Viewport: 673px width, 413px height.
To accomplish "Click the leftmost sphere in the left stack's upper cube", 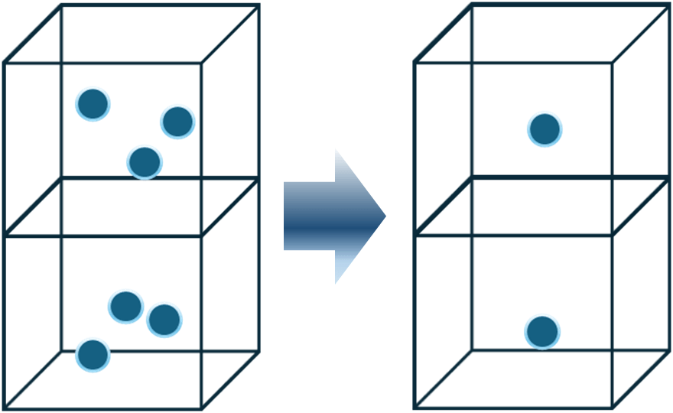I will tap(93, 104).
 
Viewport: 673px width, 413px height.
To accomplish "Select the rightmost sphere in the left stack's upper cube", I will tap(177, 122).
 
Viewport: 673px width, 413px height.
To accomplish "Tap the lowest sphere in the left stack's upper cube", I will tap(144, 162).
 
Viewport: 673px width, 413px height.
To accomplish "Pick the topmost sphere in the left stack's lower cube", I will tap(125, 307).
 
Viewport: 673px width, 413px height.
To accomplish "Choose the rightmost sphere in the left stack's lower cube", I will tap(164, 320).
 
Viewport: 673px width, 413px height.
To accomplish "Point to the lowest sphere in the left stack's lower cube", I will tap(93, 355).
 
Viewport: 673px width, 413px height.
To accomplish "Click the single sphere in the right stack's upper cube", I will tap(545, 130).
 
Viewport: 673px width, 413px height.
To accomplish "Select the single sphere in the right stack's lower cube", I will tap(541, 332).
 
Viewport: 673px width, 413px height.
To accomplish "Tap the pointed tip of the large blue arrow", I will tap(385, 216).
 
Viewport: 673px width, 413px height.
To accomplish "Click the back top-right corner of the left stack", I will tap(258, 6).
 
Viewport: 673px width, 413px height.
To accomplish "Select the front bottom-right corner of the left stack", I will tap(202, 407).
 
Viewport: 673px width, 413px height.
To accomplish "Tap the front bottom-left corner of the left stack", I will tap(5, 407).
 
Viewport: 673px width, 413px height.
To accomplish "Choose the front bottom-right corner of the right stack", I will tap(613, 407).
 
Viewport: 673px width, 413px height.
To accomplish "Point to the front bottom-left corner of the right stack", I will tap(415, 407).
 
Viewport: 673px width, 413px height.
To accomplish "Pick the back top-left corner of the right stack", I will tap(471, 6).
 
